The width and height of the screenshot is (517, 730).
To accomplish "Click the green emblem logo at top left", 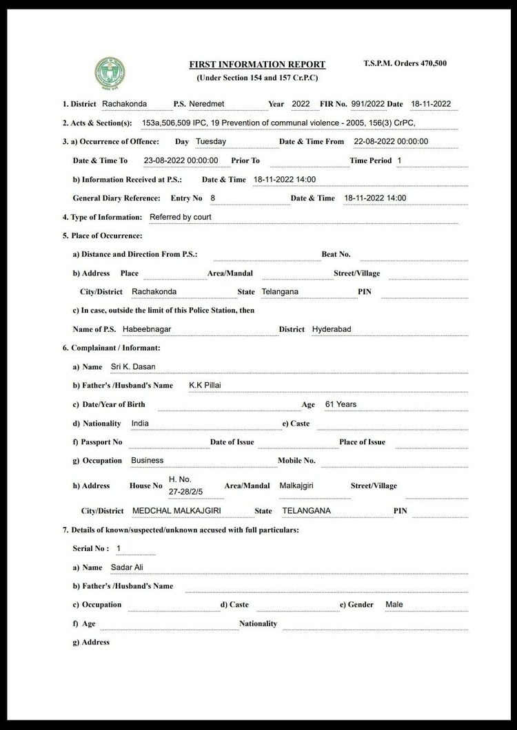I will tap(110, 74).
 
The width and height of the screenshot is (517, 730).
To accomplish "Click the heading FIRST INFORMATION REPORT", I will tap(257, 65).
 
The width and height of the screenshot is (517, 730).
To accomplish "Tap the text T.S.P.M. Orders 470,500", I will tap(405, 63).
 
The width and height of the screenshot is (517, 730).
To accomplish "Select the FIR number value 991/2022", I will tap(367, 104).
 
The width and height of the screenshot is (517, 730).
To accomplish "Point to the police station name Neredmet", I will tap(207, 104).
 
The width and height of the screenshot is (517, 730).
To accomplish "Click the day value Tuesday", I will tap(211, 141).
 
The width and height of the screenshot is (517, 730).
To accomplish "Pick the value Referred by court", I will tap(181, 217).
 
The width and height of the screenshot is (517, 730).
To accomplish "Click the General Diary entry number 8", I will tap(213, 198).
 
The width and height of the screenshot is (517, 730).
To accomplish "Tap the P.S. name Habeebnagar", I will tap(147, 329).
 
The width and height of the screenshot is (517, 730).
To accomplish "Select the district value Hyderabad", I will tap(332, 329).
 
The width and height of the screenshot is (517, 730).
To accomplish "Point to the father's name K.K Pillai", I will tap(205, 385).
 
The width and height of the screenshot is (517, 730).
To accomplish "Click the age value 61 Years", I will tap(341, 404).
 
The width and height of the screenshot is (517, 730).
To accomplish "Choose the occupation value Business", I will tap(147, 460).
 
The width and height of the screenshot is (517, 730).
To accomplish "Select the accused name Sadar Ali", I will tap(127, 567).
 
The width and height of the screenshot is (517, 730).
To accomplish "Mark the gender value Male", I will tap(394, 605).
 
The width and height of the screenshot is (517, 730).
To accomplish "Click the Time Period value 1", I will tap(399, 160).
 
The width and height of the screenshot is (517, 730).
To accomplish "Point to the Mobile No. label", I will tap(296, 460).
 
